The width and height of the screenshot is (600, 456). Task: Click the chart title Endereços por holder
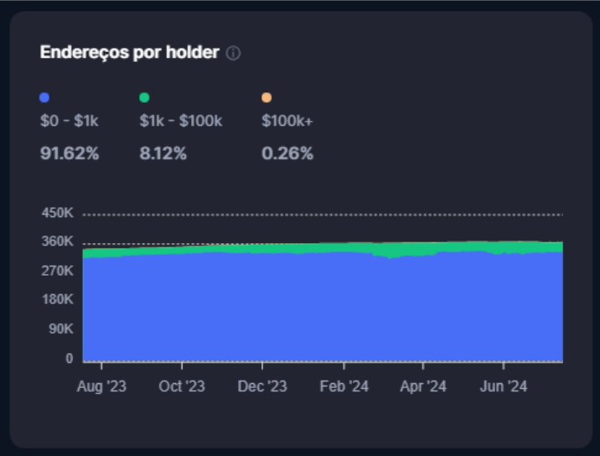point(129,53)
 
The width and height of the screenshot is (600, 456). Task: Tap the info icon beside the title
point(233,54)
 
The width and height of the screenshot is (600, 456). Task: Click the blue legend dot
point(45,97)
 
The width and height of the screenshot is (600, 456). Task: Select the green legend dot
point(144,97)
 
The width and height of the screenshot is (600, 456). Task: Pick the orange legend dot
point(266,97)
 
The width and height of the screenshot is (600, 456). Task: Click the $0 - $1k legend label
point(70,121)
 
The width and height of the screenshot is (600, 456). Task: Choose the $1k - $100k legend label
point(180,121)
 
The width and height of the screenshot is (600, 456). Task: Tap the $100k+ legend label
point(287,121)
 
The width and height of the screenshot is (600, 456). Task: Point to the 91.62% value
point(70,153)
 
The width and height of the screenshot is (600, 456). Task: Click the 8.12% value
point(163,153)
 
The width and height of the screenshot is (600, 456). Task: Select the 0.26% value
point(287,153)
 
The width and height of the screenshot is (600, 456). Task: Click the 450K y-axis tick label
point(57,213)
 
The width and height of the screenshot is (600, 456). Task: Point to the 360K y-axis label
point(57,242)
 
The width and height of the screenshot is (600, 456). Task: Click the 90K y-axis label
point(60,329)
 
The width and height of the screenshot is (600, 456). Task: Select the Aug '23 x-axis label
point(101,386)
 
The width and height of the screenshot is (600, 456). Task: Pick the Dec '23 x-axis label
point(262,386)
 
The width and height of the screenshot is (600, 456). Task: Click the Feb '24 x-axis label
point(344,386)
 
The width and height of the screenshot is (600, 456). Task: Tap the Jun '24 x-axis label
point(503,386)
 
